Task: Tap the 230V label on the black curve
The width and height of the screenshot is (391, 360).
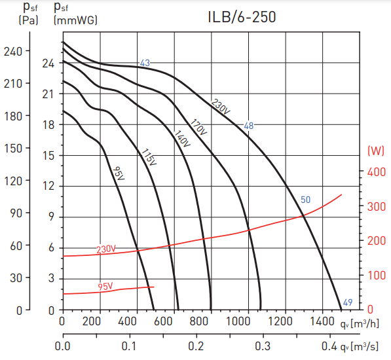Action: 221,107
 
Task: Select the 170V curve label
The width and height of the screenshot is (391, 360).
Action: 198,127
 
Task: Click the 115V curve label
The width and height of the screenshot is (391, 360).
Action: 149,158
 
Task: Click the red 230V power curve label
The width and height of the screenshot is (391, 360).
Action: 106,249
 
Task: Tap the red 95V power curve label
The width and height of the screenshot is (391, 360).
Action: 105,286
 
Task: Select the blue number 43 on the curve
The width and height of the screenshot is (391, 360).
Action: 145,63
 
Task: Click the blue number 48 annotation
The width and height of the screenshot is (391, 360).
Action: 248,126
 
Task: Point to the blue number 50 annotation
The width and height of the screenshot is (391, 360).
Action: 305,200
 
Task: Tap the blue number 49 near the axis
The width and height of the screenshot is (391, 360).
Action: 348,302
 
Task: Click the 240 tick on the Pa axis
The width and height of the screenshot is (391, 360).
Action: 12,51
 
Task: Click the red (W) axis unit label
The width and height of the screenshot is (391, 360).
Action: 375,151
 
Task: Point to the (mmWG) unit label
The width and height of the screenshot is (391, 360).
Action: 75,20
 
